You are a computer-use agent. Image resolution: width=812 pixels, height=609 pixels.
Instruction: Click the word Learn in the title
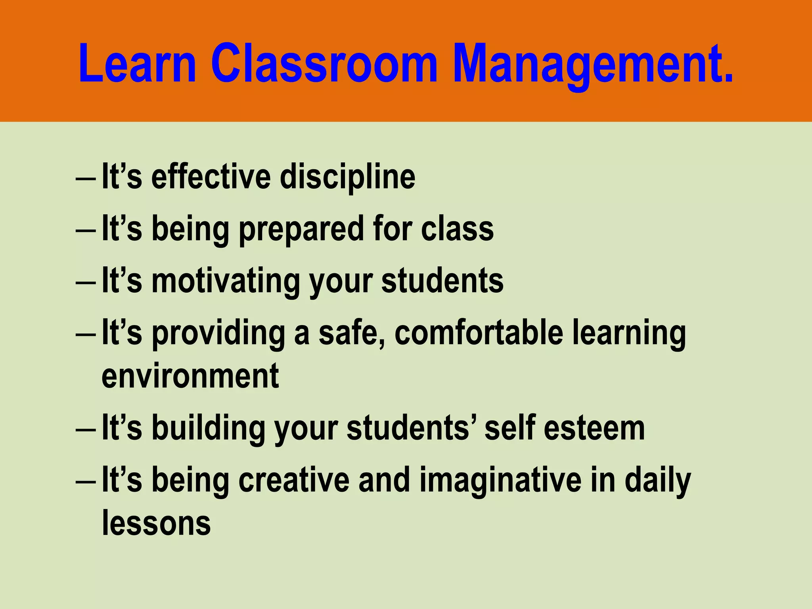[x=137, y=64]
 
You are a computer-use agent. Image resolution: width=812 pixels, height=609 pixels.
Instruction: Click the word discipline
[x=347, y=177]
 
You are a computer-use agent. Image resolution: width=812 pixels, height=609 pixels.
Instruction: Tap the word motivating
[x=226, y=282]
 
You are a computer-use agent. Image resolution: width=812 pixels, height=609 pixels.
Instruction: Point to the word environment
[x=190, y=376]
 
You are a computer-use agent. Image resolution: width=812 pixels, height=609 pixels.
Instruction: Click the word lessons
[x=156, y=523]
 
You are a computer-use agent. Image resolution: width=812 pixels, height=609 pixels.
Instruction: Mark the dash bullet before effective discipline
[x=85, y=179]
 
